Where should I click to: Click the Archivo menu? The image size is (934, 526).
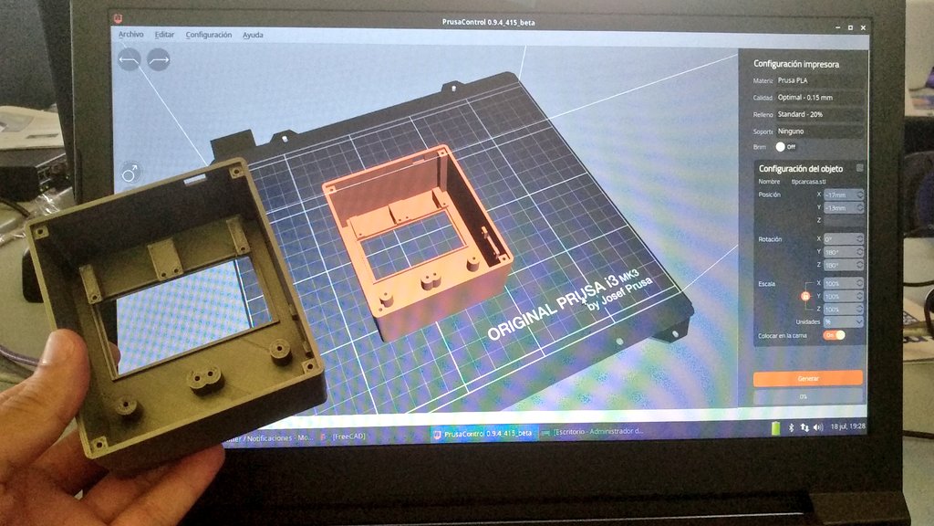130,35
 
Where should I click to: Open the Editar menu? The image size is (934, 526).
164,35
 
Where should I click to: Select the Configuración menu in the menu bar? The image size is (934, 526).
208,35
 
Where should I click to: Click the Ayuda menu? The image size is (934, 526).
253,35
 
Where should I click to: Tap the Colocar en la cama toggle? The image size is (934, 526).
834,335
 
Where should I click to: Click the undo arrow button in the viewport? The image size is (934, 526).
130,60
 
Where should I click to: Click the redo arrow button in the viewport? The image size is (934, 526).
159,60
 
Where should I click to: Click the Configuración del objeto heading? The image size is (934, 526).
801,169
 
